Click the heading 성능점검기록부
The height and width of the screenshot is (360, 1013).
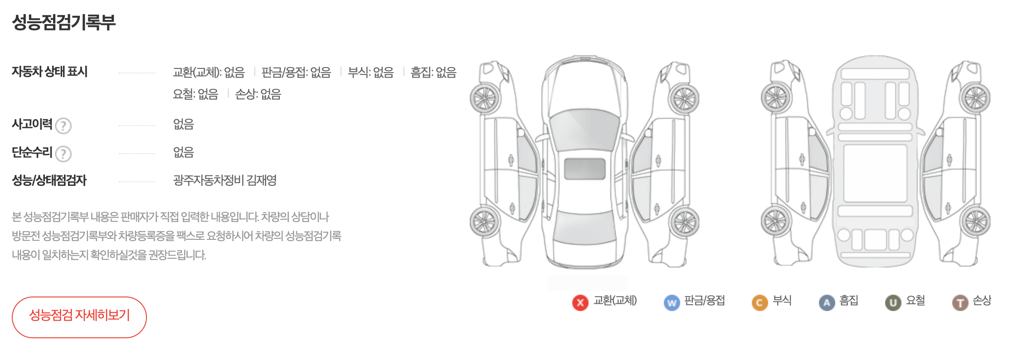[63, 22]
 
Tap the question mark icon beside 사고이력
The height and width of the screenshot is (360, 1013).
[63, 126]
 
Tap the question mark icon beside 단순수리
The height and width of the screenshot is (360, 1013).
[63, 154]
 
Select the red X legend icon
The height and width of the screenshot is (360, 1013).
[580, 302]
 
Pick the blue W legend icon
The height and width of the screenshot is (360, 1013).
[672, 302]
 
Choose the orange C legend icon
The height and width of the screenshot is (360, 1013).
[760, 302]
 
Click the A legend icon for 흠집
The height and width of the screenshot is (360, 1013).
[827, 302]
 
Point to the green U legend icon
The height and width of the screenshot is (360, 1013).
[893, 302]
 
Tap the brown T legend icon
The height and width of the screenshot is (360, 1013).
[960, 302]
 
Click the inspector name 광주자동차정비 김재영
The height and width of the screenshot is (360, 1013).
[224, 180]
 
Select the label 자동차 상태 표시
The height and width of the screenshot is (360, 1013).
[49, 72]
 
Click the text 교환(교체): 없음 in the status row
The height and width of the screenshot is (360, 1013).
[209, 73]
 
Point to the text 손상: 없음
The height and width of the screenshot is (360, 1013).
[258, 94]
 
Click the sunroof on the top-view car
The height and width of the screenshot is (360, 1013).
[584, 169]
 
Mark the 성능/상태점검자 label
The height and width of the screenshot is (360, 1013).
[49, 180]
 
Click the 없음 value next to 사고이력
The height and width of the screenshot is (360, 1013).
[183, 124]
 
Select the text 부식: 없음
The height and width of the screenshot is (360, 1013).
[370, 73]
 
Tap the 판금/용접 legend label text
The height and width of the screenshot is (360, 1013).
[704, 301]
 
